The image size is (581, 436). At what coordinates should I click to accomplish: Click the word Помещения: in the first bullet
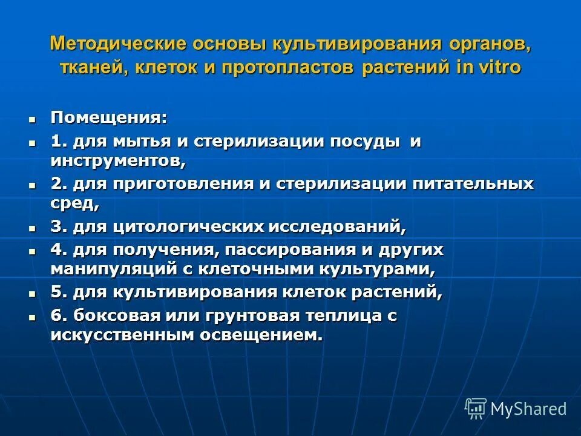coord(109,117)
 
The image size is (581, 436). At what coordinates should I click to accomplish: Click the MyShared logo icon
coord(475,409)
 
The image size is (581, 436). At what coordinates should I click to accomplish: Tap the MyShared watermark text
coord(528,409)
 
